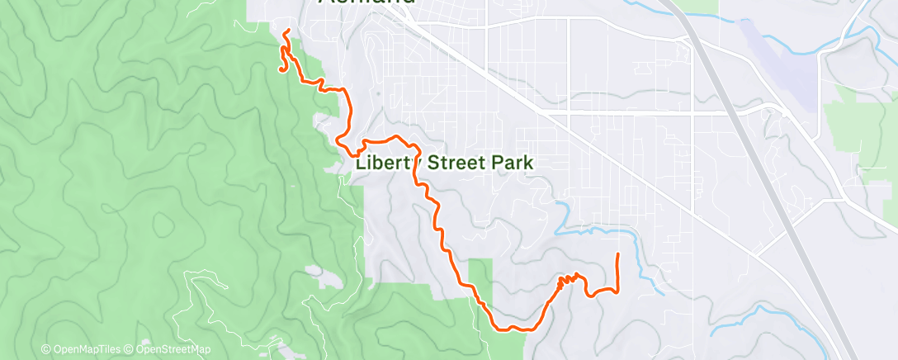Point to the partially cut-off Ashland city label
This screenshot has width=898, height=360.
pos(366,3)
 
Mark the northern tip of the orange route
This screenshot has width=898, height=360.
pos(286,31)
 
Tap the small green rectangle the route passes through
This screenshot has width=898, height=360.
pos(480,281)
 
